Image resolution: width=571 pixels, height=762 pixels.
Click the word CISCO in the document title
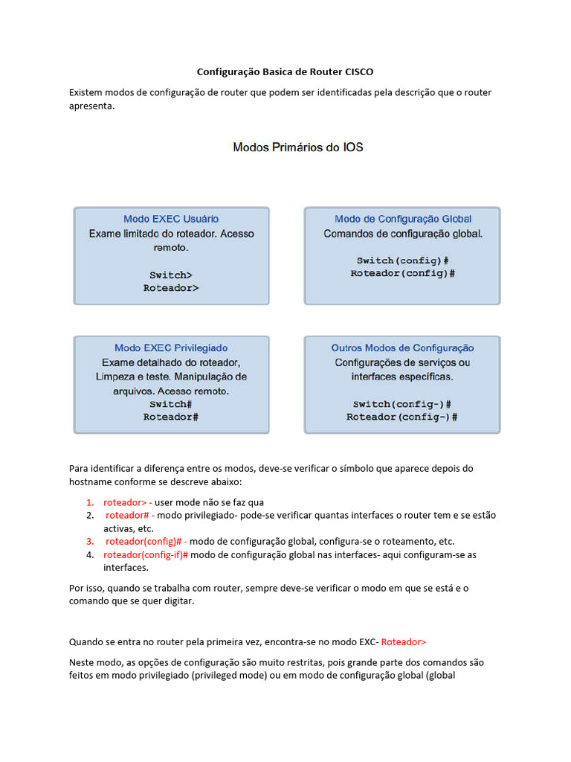[359, 72]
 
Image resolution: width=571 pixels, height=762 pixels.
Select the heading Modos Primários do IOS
[298, 147]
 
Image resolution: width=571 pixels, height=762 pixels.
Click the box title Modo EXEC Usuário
[171, 219]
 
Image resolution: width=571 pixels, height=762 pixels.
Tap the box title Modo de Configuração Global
[403, 219]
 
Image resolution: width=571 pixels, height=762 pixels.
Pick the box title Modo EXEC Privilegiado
[171, 348]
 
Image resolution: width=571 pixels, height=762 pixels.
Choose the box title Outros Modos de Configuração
[402, 348]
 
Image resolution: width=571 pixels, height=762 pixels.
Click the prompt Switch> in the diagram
[171, 275]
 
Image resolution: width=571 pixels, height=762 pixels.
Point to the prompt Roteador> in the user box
[171, 287]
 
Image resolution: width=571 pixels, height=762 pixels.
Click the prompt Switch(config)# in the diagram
[402, 260]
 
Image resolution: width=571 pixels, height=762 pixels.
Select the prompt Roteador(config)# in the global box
[402, 273]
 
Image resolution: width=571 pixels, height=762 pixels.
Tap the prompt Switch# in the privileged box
[171, 404]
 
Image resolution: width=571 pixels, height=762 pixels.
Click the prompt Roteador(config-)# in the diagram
[402, 417]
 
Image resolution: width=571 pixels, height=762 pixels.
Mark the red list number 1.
[89, 502]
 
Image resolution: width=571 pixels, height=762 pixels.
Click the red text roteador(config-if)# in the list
[146, 555]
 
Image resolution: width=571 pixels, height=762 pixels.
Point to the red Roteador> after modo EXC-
[404, 641]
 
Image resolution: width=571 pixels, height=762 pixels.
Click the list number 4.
[89, 555]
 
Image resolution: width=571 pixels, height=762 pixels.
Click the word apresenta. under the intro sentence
[92, 106]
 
